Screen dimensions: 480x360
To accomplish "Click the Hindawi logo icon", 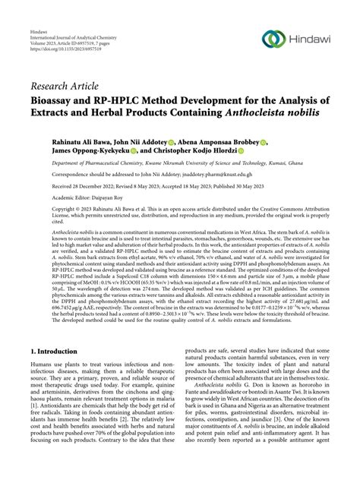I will pos(273,39).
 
